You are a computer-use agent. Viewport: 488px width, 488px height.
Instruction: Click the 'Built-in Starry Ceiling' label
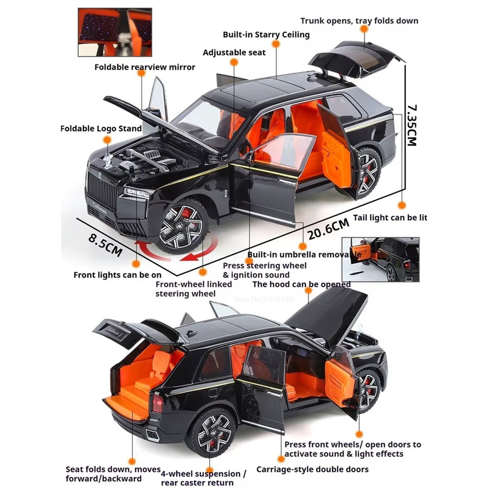[266, 35]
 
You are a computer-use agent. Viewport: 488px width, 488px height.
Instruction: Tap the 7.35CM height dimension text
[412, 126]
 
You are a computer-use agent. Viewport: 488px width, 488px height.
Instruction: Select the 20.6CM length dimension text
[328, 229]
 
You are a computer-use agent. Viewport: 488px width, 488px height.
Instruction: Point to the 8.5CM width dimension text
[105, 245]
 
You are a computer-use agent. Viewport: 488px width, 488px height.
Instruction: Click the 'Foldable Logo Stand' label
[101, 129]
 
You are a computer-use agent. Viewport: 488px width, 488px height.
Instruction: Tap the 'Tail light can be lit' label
[390, 217]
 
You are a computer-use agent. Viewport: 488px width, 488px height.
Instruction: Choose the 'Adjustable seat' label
[234, 52]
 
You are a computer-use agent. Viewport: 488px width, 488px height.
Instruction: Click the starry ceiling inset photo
[115, 32]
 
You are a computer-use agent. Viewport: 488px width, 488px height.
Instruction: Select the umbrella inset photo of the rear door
[380, 260]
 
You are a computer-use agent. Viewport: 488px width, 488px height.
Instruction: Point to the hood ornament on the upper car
[108, 161]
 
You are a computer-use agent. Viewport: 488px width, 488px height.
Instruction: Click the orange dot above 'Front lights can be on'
[136, 264]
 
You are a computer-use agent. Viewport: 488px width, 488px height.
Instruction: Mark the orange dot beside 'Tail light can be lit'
[402, 205]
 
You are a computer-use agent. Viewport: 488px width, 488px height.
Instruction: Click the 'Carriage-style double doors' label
[312, 469]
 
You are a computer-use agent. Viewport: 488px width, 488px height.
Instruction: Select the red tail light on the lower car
[158, 403]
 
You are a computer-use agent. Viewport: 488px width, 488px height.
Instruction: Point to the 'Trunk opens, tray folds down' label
[359, 21]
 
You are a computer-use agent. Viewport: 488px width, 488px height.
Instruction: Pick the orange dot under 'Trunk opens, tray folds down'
[364, 29]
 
